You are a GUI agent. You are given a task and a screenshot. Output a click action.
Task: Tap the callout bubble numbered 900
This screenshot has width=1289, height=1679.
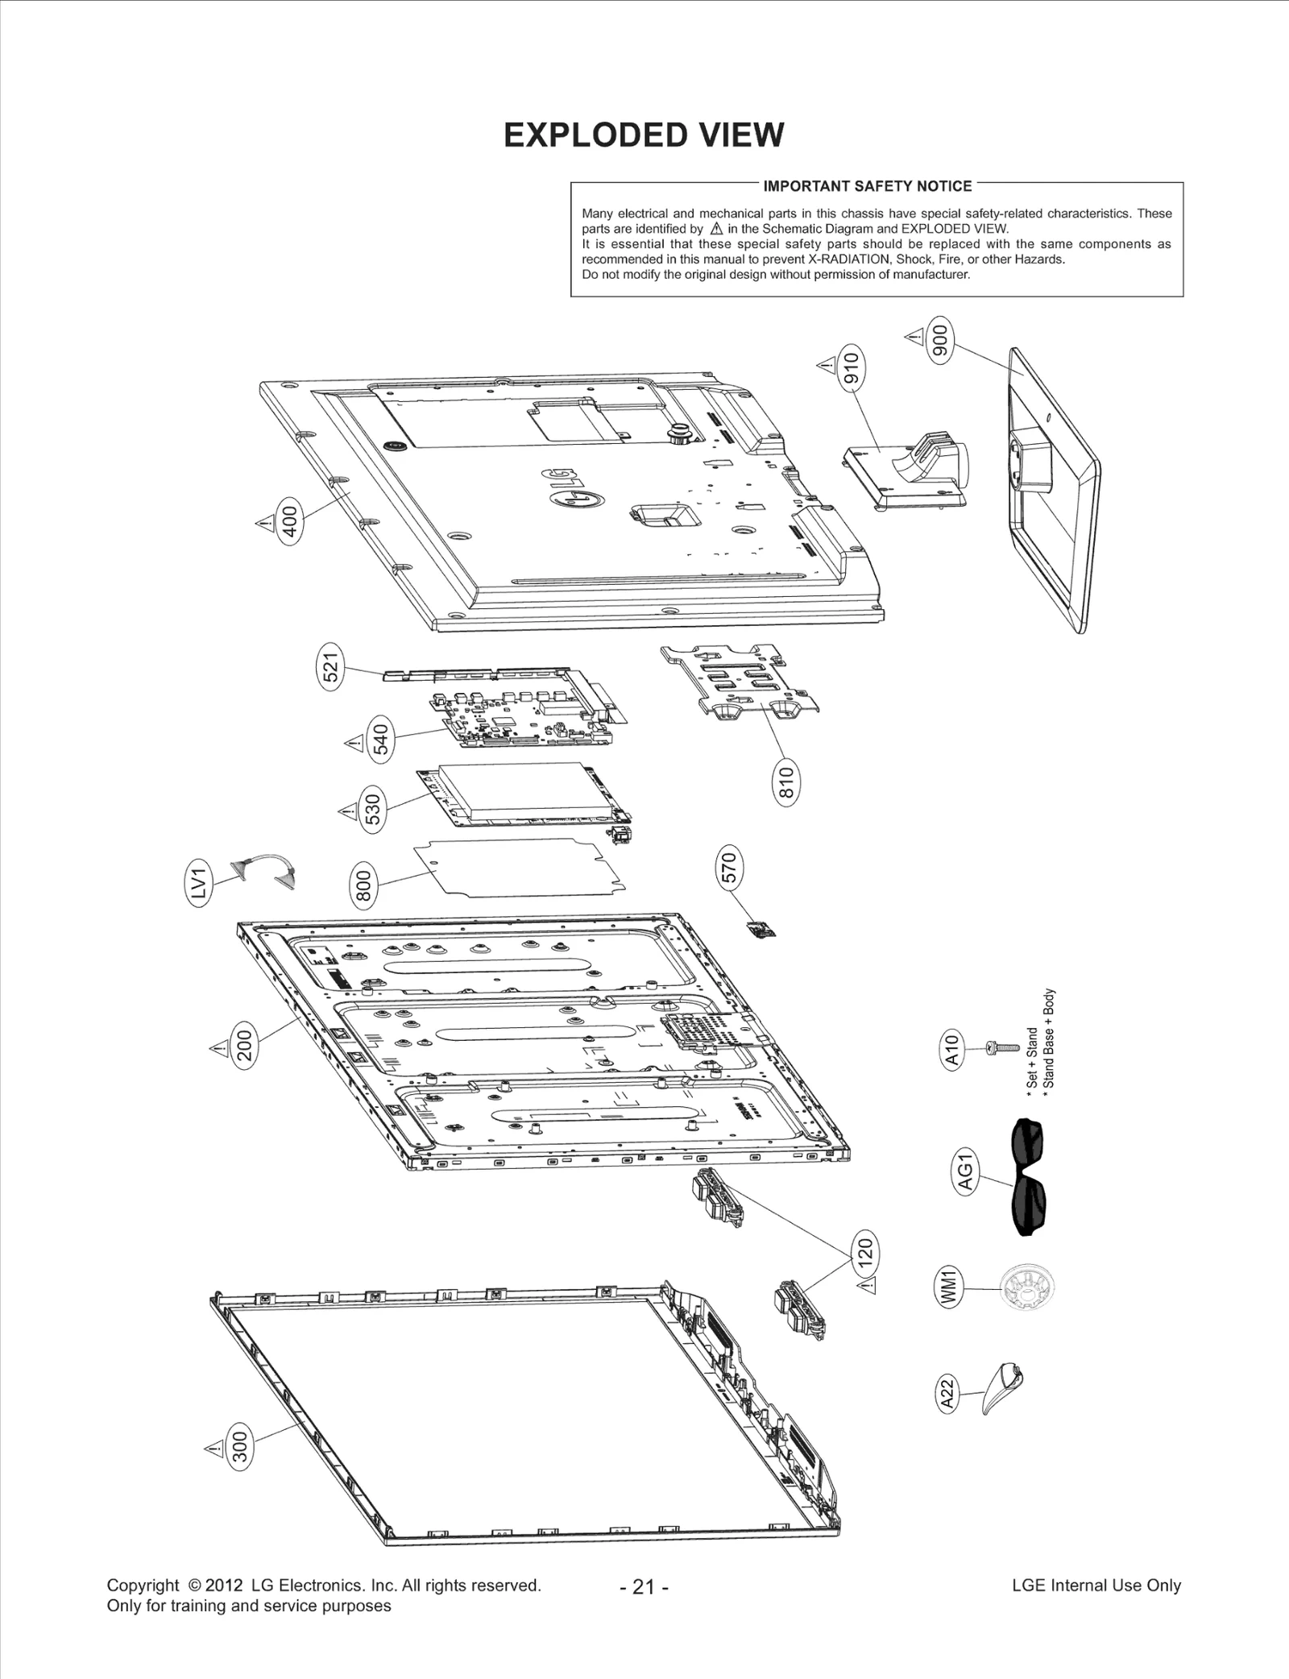940,341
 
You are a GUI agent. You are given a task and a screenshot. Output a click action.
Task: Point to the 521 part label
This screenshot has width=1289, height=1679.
330,666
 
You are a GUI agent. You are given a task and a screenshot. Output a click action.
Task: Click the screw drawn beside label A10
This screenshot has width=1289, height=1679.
1002,1047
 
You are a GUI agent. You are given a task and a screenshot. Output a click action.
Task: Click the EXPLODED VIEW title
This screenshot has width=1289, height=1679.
643,135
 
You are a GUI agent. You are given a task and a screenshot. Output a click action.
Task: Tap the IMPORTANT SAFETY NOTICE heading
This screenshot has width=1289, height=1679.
867,186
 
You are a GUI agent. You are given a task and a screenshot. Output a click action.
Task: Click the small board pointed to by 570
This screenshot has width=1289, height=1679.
762,931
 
